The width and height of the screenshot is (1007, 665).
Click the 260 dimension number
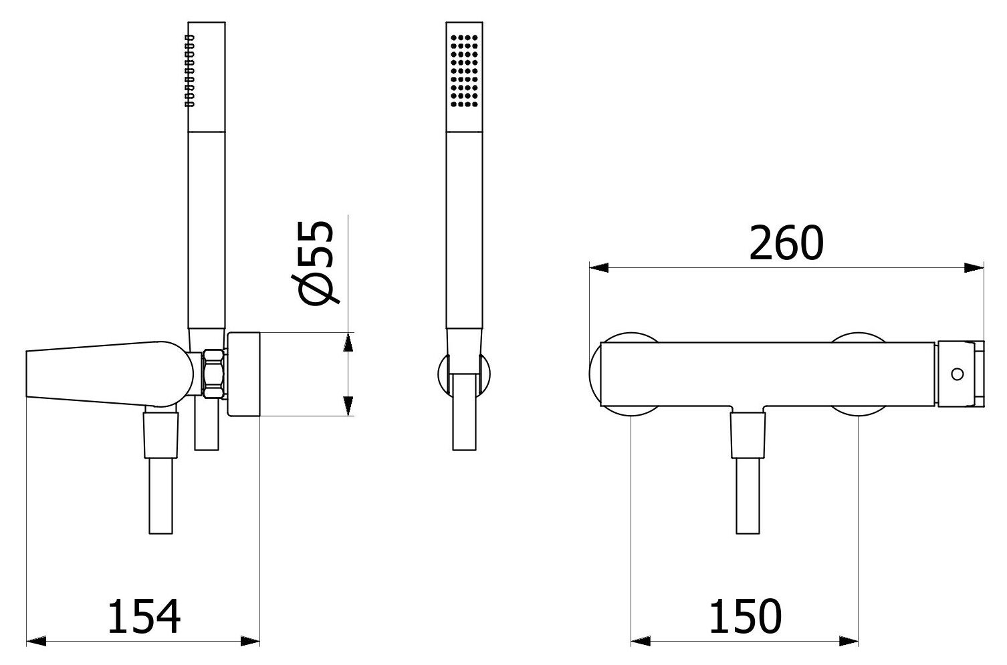(786, 243)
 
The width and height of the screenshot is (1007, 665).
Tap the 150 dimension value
(745, 616)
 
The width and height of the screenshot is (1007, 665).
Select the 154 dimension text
(144, 616)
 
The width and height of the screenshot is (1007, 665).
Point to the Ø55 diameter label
(314, 263)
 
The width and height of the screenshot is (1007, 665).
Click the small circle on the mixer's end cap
(957, 374)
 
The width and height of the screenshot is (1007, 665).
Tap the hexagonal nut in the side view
(213, 374)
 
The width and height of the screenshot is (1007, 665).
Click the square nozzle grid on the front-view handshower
(464, 71)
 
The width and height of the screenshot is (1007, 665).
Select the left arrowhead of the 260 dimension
(599, 268)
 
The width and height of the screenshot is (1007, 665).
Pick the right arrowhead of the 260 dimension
(974, 268)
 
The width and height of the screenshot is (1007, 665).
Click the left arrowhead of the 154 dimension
(36, 641)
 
